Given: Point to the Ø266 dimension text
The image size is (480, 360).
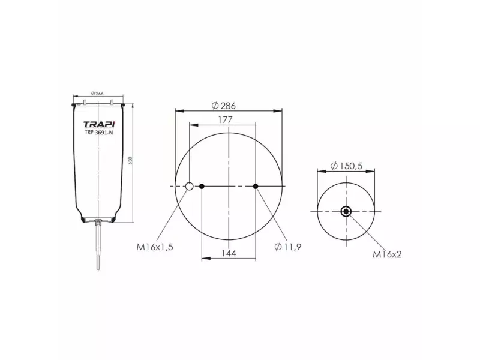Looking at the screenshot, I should (98, 93).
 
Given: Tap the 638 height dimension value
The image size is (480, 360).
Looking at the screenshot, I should (130, 161).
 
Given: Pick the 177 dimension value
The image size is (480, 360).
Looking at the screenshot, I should (225, 119).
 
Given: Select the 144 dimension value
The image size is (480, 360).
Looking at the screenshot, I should (229, 253).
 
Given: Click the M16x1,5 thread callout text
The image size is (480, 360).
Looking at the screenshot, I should (155, 247).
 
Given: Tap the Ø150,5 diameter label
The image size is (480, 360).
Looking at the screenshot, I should (347, 166).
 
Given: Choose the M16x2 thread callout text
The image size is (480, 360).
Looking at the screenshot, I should (387, 254).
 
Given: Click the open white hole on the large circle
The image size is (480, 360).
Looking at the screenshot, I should (189, 187).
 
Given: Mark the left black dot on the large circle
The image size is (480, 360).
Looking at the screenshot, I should (202, 187).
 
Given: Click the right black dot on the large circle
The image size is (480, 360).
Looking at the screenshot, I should (256, 187).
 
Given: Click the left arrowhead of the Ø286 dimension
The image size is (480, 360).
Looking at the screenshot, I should (177, 110).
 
